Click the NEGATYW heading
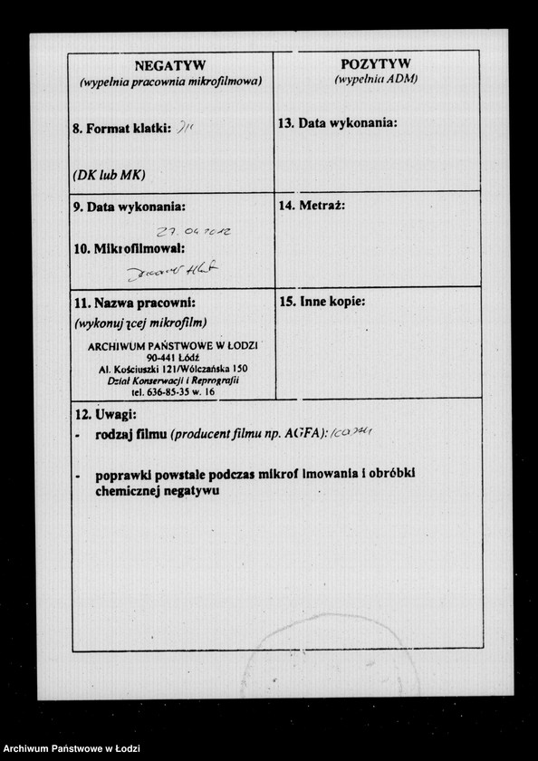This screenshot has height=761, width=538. (x=170, y=65)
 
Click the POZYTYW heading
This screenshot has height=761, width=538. (x=375, y=63)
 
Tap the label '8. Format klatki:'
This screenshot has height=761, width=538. (x=121, y=130)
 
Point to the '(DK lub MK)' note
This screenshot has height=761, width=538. (x=109, y=174)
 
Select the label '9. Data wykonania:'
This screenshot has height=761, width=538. (x=130, y=207)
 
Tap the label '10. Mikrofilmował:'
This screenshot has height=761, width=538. (x=129, y=248)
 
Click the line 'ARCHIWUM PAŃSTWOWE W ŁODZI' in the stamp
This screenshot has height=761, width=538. (x=173, y=346)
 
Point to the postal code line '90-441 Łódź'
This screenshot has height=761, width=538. (x=172, y=358)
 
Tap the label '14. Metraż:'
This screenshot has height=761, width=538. (x=312, y=206)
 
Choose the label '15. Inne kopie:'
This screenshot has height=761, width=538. (x=322, y=302)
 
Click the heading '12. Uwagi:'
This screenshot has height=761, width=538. (x=104, y=414)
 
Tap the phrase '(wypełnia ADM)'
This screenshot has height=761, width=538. (x=375, y=79)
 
